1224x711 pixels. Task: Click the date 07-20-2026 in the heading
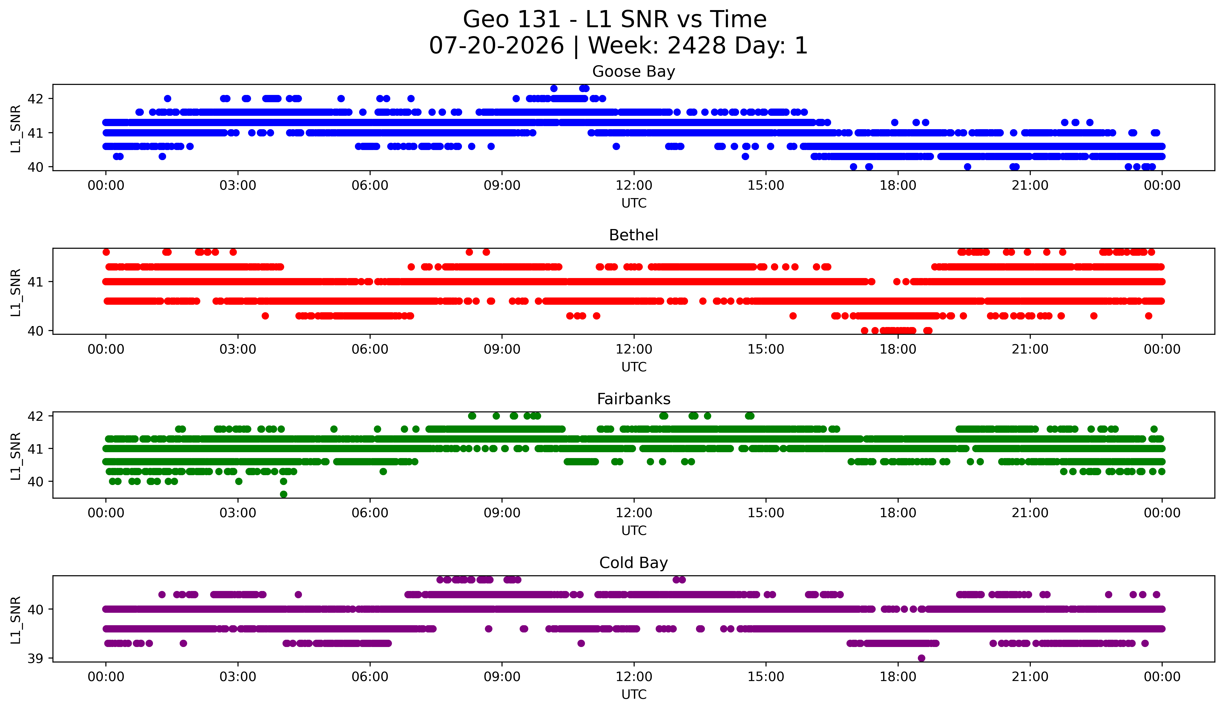click(496, 46)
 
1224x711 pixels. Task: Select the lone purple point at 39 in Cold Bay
click(921, 658)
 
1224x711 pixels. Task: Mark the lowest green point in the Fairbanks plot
click(284, 494)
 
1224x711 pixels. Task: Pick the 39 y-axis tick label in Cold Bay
click(35, 658)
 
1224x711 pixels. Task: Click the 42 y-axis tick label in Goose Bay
click(35, 99)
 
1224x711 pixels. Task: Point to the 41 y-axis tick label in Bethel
click(35, 282)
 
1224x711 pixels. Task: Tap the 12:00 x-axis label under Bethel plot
click(634, 350)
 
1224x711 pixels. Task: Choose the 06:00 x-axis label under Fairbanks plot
click(370, 513)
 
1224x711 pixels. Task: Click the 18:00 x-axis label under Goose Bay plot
click(898, 186)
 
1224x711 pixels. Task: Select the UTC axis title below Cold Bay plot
click(634, 695)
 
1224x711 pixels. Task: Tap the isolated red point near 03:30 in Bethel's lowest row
click(265, 316)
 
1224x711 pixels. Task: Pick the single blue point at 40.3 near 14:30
click(745, 157)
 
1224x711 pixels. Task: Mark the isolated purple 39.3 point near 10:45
click(581, 643)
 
